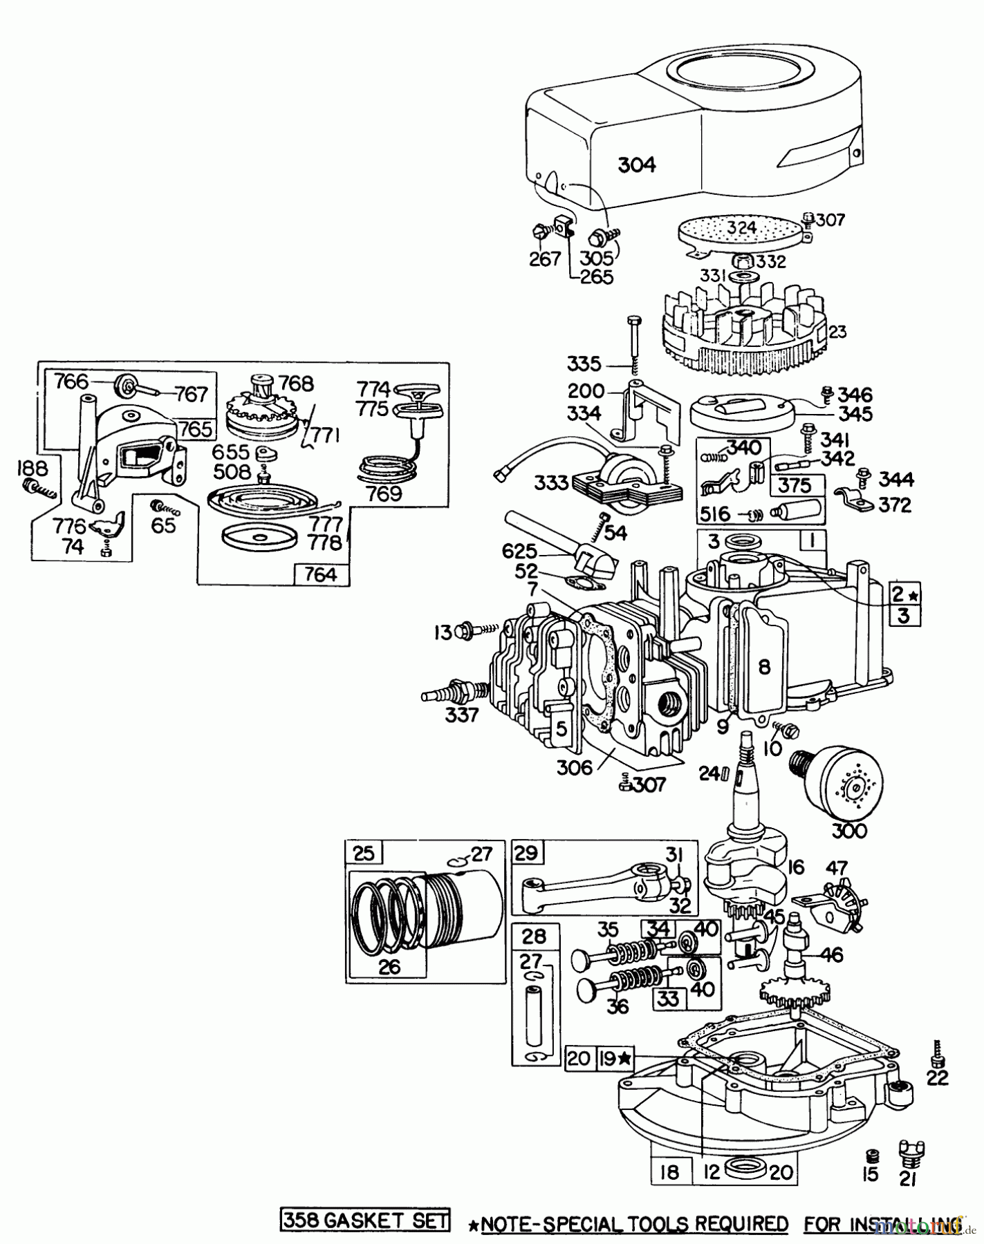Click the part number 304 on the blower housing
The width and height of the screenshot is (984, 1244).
(636, 164)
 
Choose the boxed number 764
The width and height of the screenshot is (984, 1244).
(322, 574)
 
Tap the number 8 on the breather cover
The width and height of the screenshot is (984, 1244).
(764, 666)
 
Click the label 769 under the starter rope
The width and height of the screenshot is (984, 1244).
(384, 493)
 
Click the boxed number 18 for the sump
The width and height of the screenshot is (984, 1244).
(669, 1171)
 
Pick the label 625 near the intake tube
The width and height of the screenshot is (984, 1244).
(520, 552)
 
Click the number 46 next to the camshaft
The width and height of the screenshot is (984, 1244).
(833, 956)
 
